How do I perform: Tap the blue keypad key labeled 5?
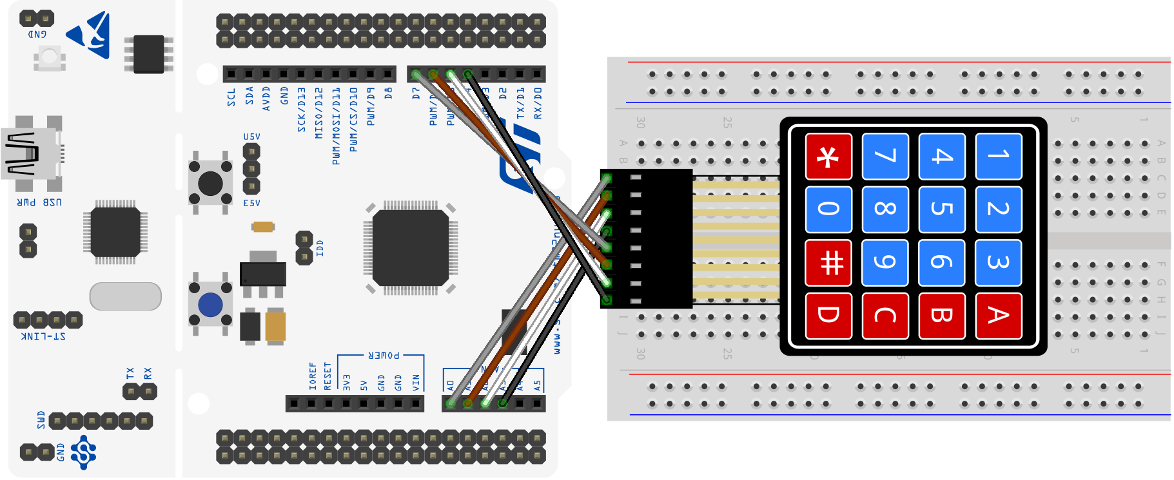pyautogui.click(x=941, y=209)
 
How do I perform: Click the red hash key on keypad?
pyautogui.click(x=828, y=262)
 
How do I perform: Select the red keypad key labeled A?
pyautogui.click(x=998, y=316)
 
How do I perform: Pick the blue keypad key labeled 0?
pyautogui.click(x=828, y=209)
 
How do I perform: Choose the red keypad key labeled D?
pyautogui.click(x=828, y=316)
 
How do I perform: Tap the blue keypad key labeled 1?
pyautogui.click(x=998, y=156)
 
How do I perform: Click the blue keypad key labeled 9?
pyautogui.click(x=885, y=262)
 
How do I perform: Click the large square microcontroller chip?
pyautogui.click(x=410, y=247)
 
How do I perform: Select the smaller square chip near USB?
pyautogui.click(x=115, y=232)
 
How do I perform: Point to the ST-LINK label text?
pyautogui.click(x=44, y=336)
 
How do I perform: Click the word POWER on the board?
pyautogui.click(x=384, y=355)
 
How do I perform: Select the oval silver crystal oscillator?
pyautogui.click(x=125, y=296)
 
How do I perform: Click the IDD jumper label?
pyautogui.click(x=320, y=248)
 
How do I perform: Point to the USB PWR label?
pyautogui.click(x=39, y=202)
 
